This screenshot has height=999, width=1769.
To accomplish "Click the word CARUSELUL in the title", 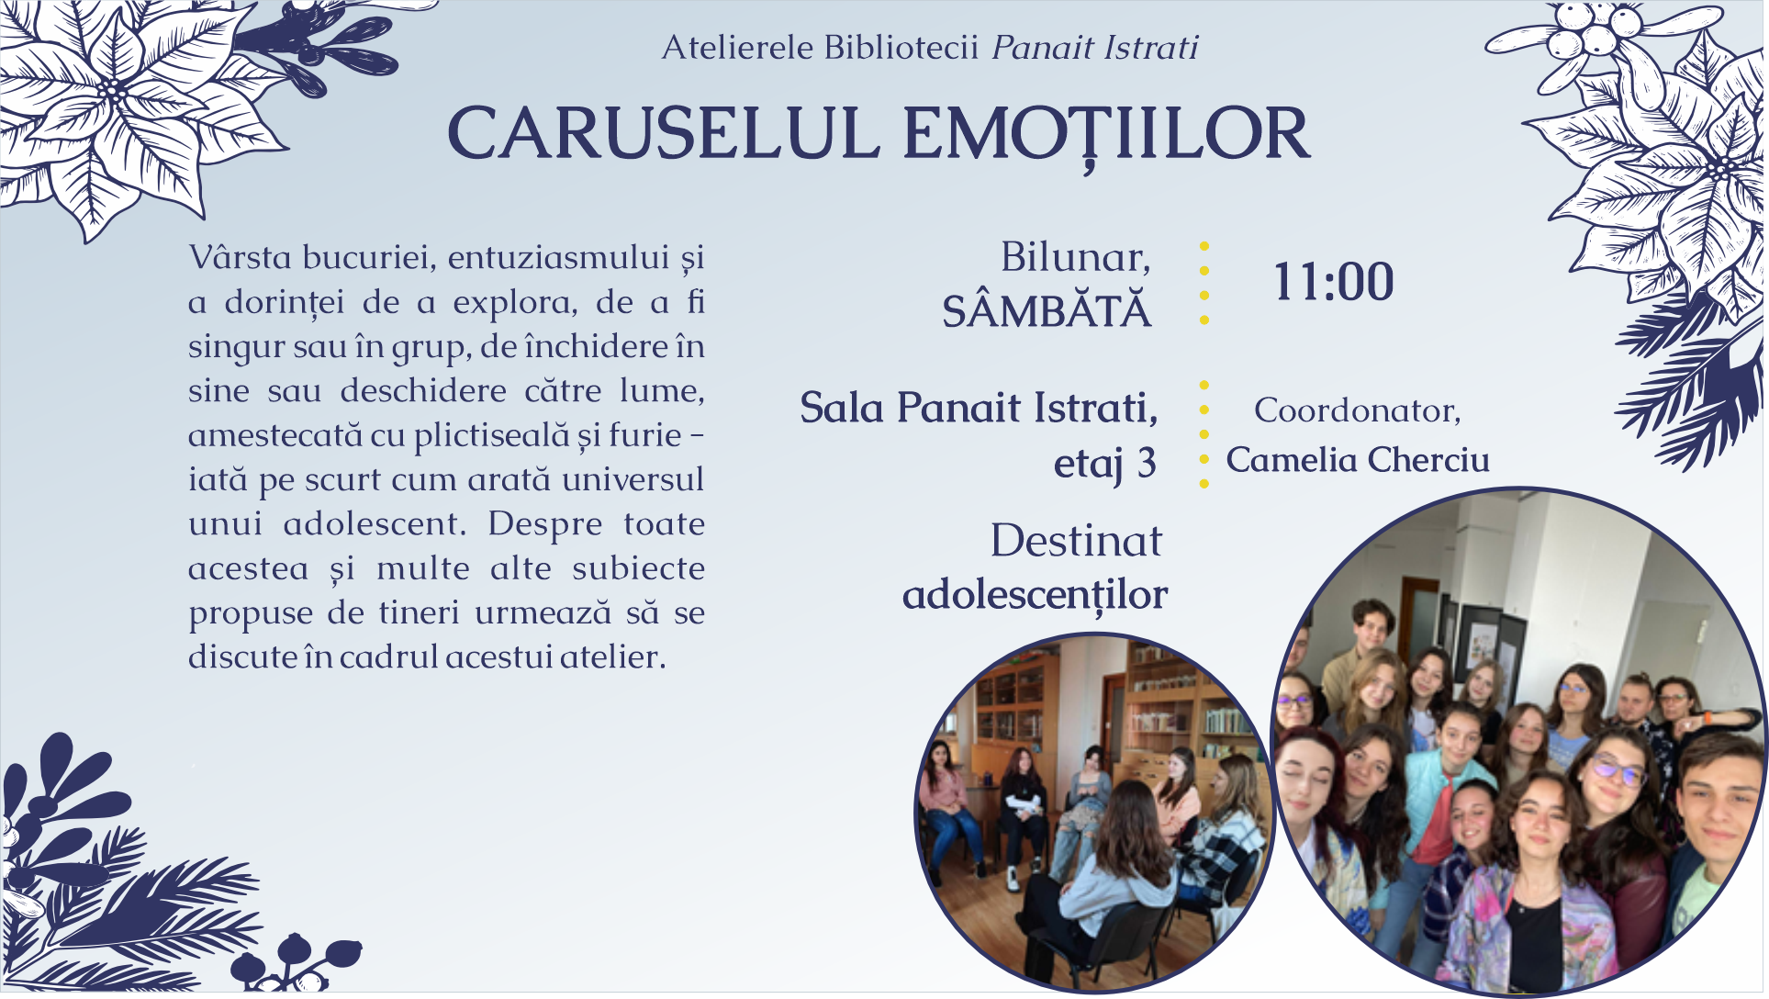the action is (x=663, y=134).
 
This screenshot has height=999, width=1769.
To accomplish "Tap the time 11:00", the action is (x=1333, y=281).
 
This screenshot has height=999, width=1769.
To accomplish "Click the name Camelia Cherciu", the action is (x=1358, y=460).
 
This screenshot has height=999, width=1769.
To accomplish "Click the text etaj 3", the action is (x=1104, y=464).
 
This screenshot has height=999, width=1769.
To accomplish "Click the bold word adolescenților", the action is (x=1035, y=595).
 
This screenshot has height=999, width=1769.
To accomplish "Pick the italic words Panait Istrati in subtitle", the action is (x=1095, y=47).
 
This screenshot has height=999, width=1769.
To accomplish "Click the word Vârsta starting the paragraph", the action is (x=240, y=257).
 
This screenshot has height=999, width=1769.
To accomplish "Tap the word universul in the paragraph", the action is (x=633, y=479).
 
